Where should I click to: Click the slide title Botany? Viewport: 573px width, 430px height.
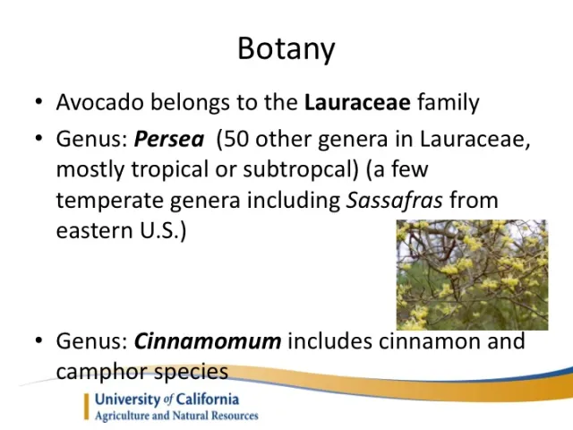[x=286, y=47]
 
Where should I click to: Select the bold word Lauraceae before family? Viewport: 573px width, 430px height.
[x=357, y=102]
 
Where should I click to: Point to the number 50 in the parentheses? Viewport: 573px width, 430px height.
[x=235, y=141]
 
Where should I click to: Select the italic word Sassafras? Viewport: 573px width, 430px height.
[x=394, y=200]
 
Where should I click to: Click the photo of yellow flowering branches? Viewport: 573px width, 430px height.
[x=472, y=275]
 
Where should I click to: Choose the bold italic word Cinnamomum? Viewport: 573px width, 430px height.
[x=207, y=341]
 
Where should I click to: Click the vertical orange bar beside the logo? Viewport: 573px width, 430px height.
[x=88, y=406]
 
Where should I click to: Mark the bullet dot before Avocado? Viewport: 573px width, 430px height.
[x=39, y=103]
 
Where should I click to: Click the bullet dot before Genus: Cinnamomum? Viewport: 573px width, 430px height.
[x=39, y=342]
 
